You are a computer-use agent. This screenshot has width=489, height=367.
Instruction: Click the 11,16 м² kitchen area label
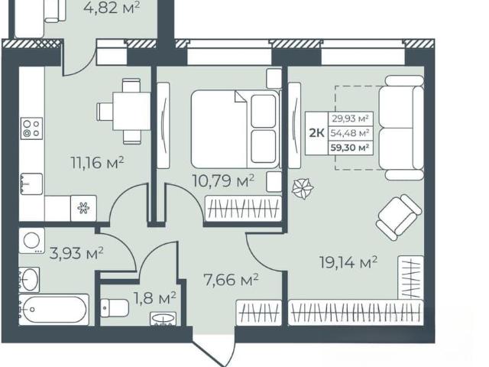tap(98, 163)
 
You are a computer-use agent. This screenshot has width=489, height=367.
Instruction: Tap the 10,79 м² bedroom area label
tap(223, 180)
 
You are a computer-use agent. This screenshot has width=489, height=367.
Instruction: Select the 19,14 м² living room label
tap(348, 262)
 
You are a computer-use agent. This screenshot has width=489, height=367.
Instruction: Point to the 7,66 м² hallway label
tap(231, 280)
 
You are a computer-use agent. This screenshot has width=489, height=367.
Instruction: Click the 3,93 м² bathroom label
tap(76, 253)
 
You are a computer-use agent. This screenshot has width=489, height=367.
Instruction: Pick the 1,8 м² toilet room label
tap(155, 298)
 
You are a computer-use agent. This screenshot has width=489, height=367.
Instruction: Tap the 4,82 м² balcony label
tap(112, 8)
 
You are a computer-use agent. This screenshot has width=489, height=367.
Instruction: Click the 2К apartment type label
tap(316, 133)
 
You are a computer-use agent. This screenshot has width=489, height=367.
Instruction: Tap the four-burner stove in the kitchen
tap(32, 128)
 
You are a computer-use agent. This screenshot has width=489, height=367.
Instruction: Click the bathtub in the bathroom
tap(53, 310)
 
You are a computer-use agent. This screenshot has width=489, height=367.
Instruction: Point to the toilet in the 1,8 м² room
tap(115, 308)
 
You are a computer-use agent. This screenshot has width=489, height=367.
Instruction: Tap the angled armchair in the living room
tap(399, 217)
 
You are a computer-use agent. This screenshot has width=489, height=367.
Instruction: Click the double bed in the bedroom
tap(235, 129)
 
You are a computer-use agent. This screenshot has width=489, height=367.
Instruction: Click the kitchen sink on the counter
tap(31, 183)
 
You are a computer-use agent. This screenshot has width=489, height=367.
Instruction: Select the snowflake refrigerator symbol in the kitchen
tap(83, 208)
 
